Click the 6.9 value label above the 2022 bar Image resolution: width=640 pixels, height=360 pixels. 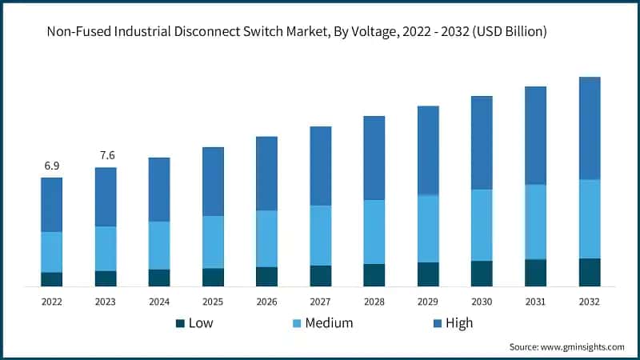[52, 166]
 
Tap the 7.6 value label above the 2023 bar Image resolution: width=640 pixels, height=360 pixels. [106, 155]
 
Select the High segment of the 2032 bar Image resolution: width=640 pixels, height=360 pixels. [590, 128]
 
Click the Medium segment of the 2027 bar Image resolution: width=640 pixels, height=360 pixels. [321, 235]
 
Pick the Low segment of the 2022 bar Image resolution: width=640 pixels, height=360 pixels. [52, 278]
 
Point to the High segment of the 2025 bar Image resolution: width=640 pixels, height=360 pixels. [213, 182]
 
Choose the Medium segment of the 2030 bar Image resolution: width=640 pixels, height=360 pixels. [482, 225]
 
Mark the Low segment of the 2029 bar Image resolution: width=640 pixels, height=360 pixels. [428, 274]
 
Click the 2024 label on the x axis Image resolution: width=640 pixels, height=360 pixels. [159, 302]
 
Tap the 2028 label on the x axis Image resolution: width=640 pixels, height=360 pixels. [374, 302]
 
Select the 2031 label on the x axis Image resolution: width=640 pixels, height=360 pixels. [535, 302]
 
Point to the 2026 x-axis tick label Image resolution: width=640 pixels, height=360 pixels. [266, 302]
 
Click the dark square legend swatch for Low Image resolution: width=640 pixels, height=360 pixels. [180, 323]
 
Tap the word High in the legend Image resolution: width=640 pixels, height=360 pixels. [459, 323]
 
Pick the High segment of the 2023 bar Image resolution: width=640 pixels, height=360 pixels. [106, 197]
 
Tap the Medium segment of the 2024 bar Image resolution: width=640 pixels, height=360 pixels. [159, 245]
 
